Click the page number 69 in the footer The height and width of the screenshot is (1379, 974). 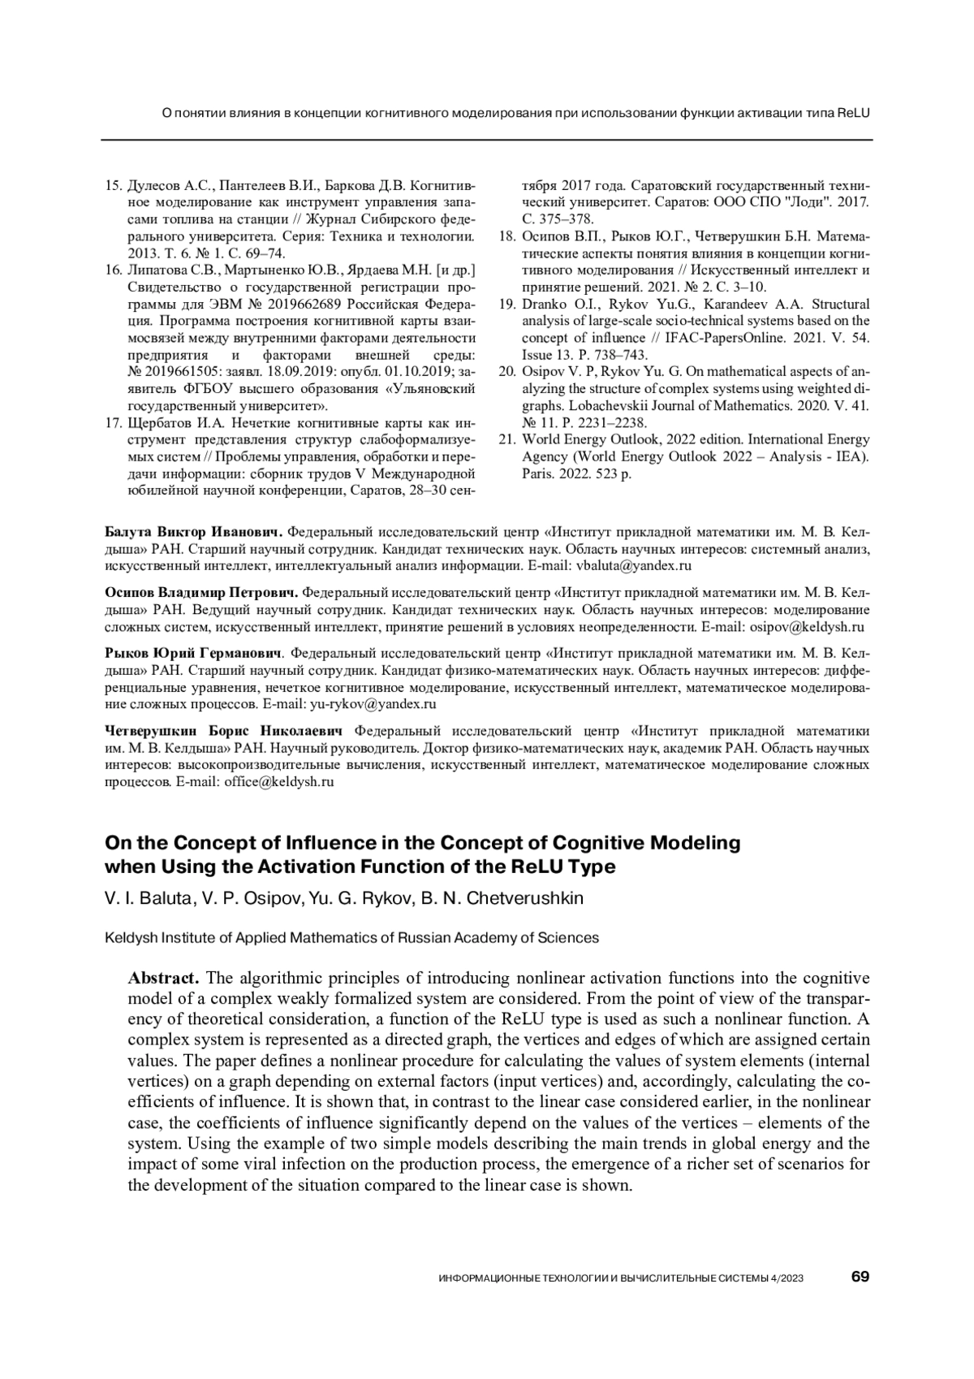click(860, 1277)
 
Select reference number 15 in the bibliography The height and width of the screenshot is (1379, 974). click(114, 185)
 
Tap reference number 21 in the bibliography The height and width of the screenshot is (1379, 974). click(506, 439)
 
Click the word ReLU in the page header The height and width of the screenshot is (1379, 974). click(853, 113)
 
